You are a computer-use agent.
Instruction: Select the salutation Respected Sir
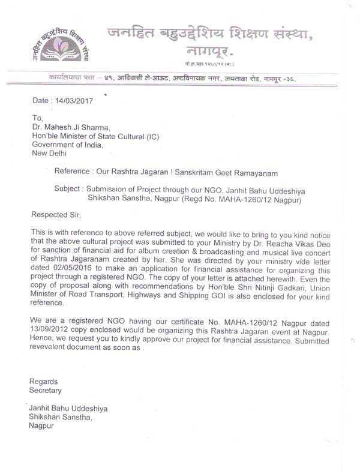pos(55,214)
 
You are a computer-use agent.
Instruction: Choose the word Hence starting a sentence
pos(43,349)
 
